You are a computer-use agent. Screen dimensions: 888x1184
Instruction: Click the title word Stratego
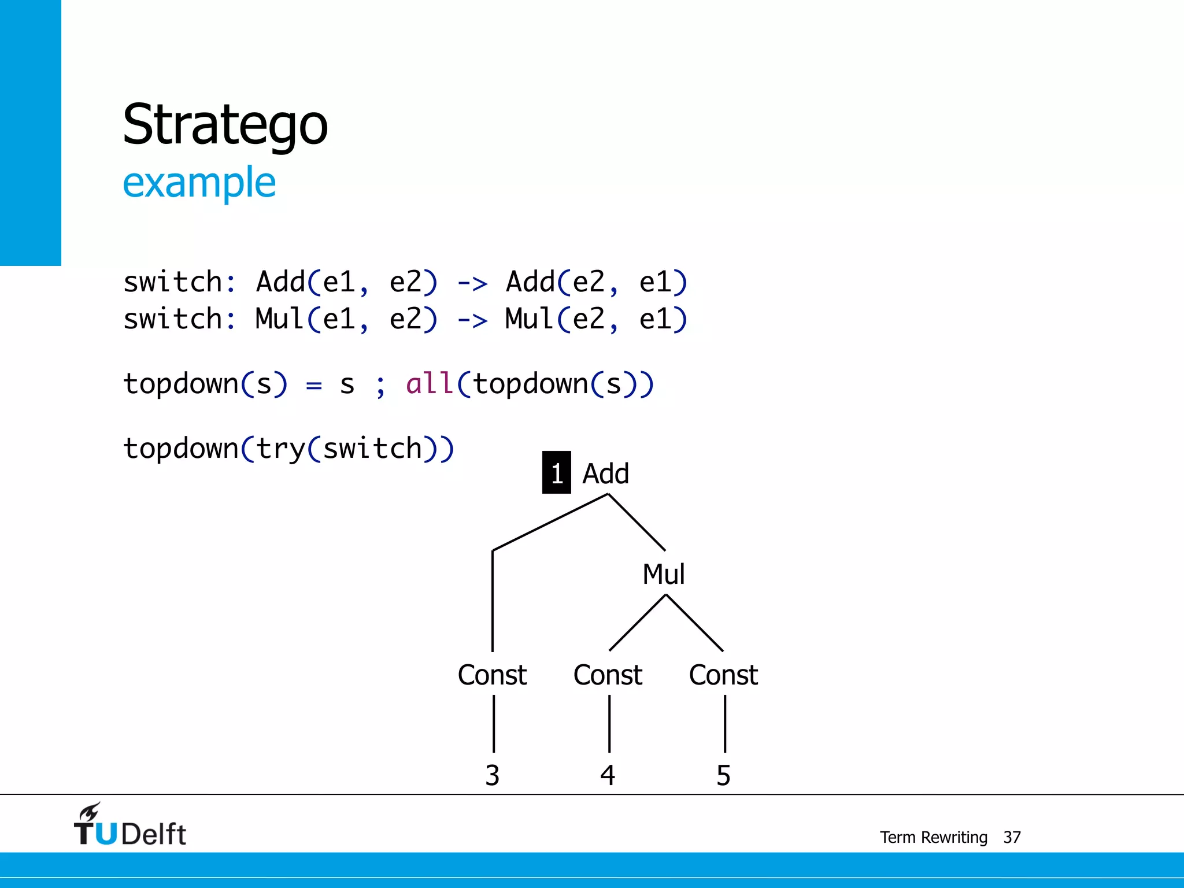225,124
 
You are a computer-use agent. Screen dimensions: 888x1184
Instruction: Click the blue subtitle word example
199,183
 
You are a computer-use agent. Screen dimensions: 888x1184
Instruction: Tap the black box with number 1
556,473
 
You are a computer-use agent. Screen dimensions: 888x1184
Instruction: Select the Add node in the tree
605,473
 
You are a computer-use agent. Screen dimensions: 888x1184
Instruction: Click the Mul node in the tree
664,574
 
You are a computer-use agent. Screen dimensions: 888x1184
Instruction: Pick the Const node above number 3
492,675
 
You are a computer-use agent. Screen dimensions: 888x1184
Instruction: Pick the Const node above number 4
608,675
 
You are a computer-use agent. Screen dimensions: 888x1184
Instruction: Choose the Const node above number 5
723,675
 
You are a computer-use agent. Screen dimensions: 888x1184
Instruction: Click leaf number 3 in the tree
492,775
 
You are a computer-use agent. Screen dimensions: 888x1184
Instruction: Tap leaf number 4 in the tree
608,775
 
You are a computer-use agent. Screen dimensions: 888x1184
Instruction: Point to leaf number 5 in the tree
723,775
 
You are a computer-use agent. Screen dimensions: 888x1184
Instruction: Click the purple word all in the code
430,384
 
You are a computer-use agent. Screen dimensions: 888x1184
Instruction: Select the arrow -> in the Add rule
472,283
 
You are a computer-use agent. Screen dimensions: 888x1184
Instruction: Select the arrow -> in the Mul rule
472,320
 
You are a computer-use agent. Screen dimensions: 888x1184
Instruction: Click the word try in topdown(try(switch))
280,449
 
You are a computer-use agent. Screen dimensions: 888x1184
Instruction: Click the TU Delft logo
130,825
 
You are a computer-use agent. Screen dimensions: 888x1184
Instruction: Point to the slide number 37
1012,837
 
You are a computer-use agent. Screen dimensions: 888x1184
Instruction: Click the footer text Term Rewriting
933,837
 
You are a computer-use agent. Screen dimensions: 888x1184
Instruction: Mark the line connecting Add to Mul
637,522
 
